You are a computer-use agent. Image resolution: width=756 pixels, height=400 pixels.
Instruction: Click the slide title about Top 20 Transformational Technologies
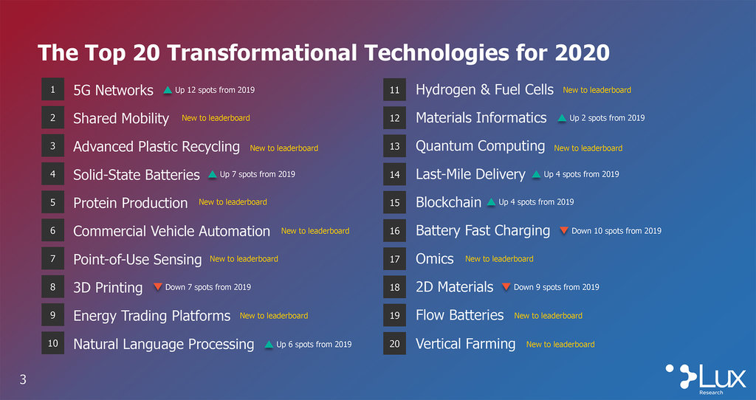point(323,52)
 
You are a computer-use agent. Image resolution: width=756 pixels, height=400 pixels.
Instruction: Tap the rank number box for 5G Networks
point(52,89)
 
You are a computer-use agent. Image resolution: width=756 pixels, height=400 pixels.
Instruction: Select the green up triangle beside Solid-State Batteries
point(212,174)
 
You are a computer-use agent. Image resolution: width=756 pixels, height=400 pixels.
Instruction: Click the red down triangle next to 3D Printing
point(158,287)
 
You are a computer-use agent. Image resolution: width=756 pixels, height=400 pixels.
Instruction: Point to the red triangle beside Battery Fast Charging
point(563,230)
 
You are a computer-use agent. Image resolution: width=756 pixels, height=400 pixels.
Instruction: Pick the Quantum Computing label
point(480,146)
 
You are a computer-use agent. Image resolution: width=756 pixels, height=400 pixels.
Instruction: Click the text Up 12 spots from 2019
point(215,89)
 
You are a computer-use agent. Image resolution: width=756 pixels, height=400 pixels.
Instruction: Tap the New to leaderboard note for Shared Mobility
point(216,117)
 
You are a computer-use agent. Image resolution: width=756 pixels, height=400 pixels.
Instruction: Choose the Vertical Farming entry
point(465,344)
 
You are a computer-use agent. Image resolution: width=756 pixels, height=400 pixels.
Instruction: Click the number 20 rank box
point(394,343)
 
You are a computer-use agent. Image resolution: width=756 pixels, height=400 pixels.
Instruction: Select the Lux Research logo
point(705,377)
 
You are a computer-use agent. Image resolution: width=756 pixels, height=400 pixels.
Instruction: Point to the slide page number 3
point(23,380)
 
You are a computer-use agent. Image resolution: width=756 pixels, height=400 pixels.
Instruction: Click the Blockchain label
point(448,202)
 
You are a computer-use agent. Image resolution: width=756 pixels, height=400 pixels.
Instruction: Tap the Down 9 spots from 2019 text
point(557,287)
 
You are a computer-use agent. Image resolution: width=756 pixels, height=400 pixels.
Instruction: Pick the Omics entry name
point(434,259)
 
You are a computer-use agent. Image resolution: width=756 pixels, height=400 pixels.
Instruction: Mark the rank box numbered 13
point(394,145)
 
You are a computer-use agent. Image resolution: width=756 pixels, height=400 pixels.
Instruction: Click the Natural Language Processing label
point(163,344)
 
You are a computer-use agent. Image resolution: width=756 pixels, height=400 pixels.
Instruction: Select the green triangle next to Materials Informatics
point(562,118)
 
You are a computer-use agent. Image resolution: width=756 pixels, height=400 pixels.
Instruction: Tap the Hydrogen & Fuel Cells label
point(484,89)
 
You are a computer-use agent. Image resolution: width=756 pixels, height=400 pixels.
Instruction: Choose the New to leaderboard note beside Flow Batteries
point(549,316)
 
